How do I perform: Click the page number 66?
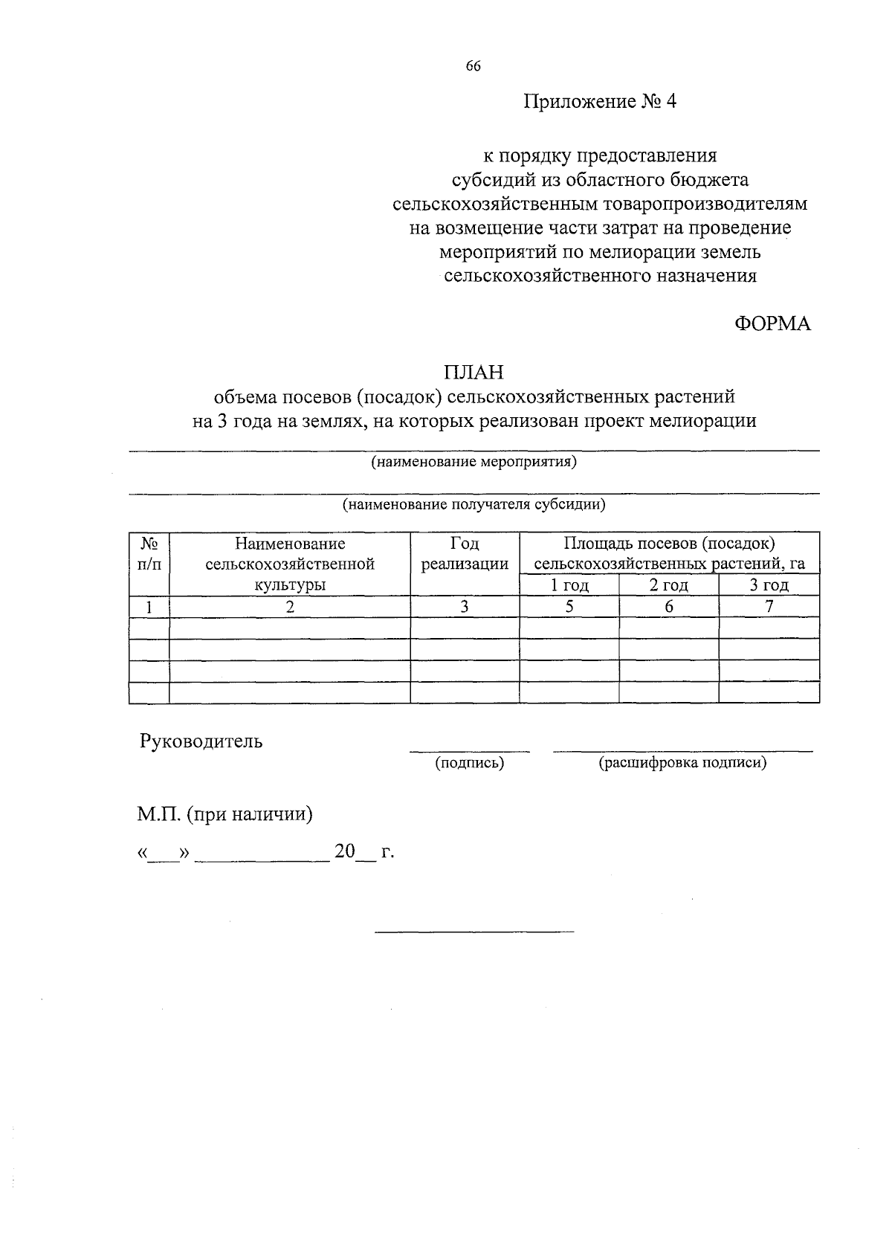pyautogui.click(x=474, y=66)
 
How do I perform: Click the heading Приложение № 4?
pyautogui.click(x=600, y=102)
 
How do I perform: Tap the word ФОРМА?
pyautogui.click(x=772, y=324)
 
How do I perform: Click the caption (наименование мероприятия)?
pyautogui.click(x=474, y=462)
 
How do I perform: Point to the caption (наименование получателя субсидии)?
pyautogui.click(x=474, y=505)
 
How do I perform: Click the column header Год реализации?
pyautogui.click(x=465, y=554)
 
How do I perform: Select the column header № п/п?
pyautogui.click(x=149, y=554)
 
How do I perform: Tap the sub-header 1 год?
pyautogui.click(x=569, y=585)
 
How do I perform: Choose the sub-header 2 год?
pyautogui.click(x=669, y=585)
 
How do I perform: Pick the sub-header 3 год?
pyautogui.click(x=769, y=585)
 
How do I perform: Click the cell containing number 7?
pyautogui.click(x=769, y=607)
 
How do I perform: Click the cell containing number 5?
pyautogui.click(x=569, y=607)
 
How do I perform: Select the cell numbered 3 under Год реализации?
pyautogui.click(x=465, y=607)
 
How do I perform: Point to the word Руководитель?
pyautogui.click(x=201, y=741)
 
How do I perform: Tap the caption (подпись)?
pyautogui.click(x=469, y=763)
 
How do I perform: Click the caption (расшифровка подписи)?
pyautogui.click(x=682, y=763)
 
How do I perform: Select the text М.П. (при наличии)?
pyautogui.click(x=224, y=814)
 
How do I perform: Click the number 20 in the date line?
pyautogui.click(x=345, y=851)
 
